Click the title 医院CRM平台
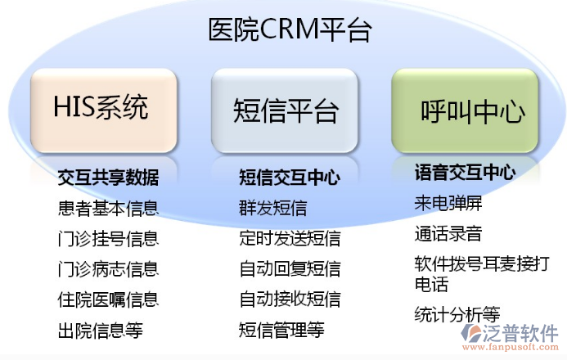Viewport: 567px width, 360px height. pyautogui.click(x=290, y=31)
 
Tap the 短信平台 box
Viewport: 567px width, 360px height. pyautogui.click(x=285, y=110)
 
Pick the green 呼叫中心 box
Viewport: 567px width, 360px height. pyautogui.click(x=465, y=110)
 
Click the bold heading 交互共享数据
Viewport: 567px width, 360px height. pyautogui.click(x=108, y=177)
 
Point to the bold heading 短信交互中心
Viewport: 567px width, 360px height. pyautogui.click(x=289, y=177)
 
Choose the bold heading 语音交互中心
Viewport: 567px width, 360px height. pyautogui.click(x=465, y=173)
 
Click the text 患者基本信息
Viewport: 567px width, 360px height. pyautogui.click(x=108, y=208)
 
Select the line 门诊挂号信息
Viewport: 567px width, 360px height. pyautogui.click(x=108, y=238)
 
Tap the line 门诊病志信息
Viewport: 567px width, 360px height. pyautogui.click(x=108, y=269)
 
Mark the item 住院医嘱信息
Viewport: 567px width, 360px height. pyautogui.click(x=108, y=299)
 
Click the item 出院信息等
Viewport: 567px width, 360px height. pyautogui.click(x=100, y=331)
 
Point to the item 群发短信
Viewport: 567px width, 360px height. pyautogui.click(x=272, y=208)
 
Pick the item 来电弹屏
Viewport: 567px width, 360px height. pyautogui.click(x=448, y=204)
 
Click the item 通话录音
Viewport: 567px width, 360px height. pyautogui.click(x=448, y=234)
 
